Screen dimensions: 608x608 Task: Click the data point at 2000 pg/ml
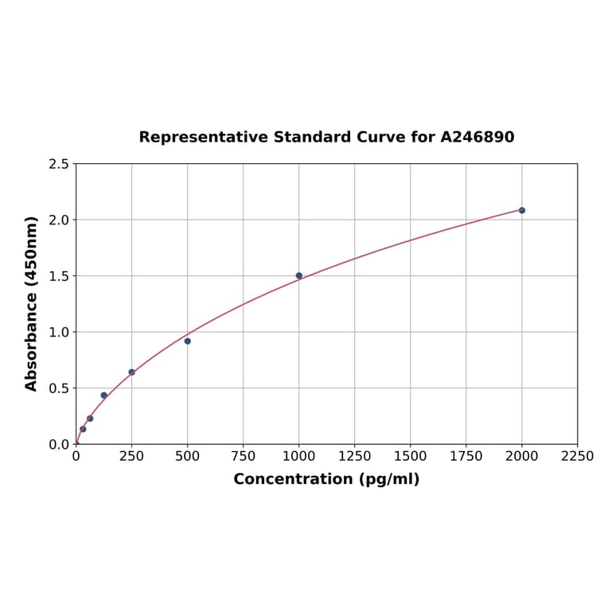click(x=522, y=210)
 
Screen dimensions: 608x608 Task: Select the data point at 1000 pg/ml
click(x=299, y=275)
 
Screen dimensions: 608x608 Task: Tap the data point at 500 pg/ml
click(x=188, y=341)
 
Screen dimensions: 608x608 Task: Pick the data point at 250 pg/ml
click(x=132, y=372)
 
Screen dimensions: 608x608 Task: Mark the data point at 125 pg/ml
click(x=104, y=395)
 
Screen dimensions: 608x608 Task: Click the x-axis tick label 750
click(x=244, y=457)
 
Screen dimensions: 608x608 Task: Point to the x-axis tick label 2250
click(x=577, y=457)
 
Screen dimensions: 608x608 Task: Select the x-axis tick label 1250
click(x=355, y=457)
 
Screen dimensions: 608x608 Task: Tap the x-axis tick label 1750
click(x=466, y=457)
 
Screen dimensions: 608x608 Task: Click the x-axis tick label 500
click(x=188, y=457)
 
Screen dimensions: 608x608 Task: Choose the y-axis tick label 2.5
click(x=59, y=164)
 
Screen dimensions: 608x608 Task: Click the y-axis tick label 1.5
click(x=59, y=276)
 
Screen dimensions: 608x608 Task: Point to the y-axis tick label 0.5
click(x=59, y=388)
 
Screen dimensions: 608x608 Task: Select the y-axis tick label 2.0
click(x=59, y=220)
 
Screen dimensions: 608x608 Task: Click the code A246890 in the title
click(x=477, y=138)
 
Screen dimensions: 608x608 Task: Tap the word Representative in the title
click(x=204, y=138)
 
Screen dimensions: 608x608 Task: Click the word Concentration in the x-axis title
click(x=293, y=479)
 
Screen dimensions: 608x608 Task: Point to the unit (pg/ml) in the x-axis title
click(x=389, y=479)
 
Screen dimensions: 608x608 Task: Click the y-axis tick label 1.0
click(x=59, y=332)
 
